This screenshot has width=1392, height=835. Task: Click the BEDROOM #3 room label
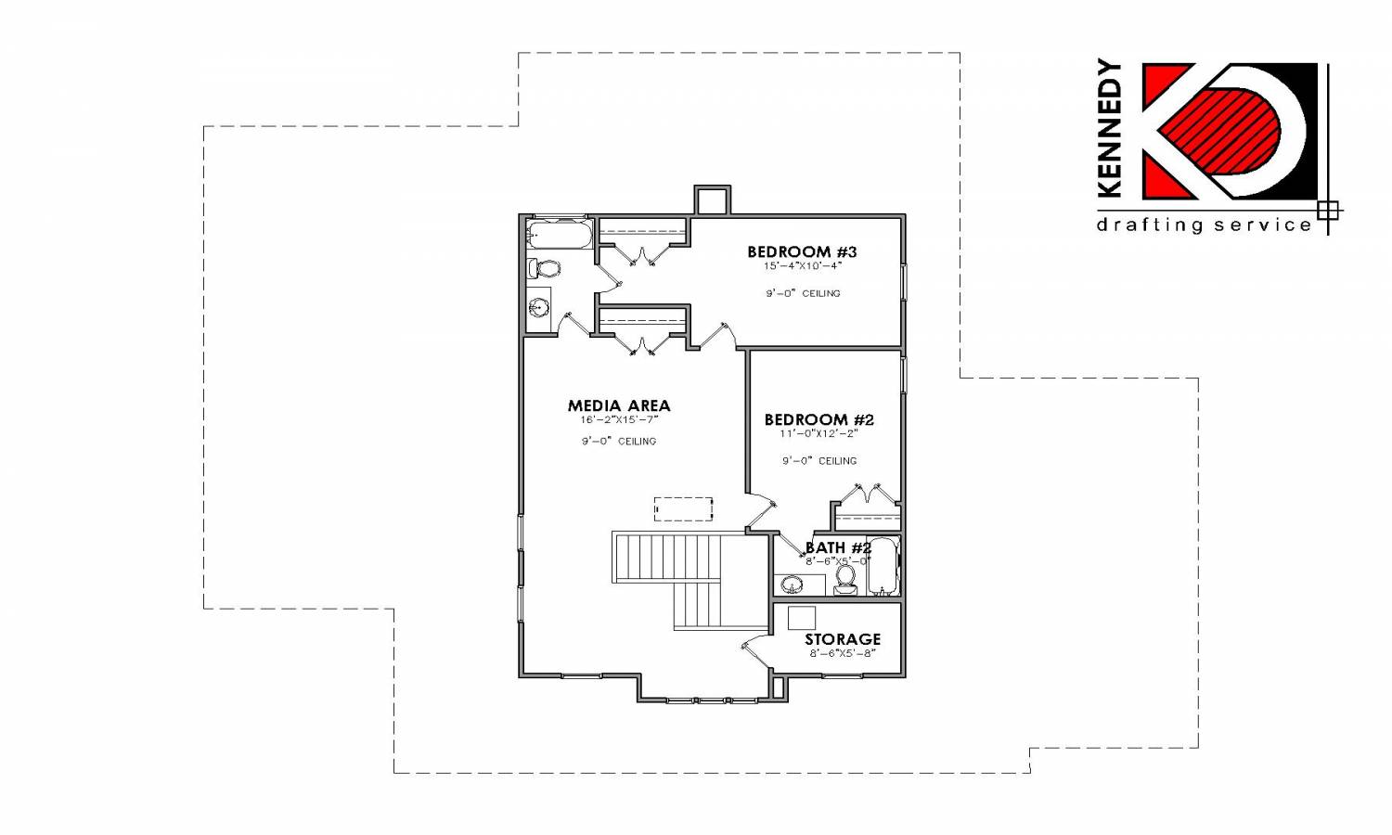(802, 251)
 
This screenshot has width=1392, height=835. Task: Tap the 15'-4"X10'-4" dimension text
(803, 266)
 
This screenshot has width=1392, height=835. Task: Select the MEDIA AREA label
(619, 405)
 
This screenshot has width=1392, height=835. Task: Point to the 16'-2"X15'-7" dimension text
(619, 420)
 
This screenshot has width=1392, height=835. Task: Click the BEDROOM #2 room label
(819, 420)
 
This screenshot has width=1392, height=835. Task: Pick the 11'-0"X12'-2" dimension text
(819, 433)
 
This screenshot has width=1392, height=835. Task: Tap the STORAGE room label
(843, 639)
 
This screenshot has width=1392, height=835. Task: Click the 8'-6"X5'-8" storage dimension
(843, 653)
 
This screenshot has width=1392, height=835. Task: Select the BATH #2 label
(838, 548)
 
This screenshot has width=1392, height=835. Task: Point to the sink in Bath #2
(791, 584)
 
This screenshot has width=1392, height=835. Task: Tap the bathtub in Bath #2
(883, 567)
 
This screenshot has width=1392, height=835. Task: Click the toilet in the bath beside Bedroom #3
(544, 269)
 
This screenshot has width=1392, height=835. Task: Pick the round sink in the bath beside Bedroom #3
(538, 307)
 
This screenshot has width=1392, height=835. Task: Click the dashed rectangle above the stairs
(684, 508)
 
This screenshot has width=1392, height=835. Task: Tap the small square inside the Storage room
(802, 618)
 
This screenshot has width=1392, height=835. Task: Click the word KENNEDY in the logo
(1111, 128)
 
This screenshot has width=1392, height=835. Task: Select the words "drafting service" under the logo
(1204, 225)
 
